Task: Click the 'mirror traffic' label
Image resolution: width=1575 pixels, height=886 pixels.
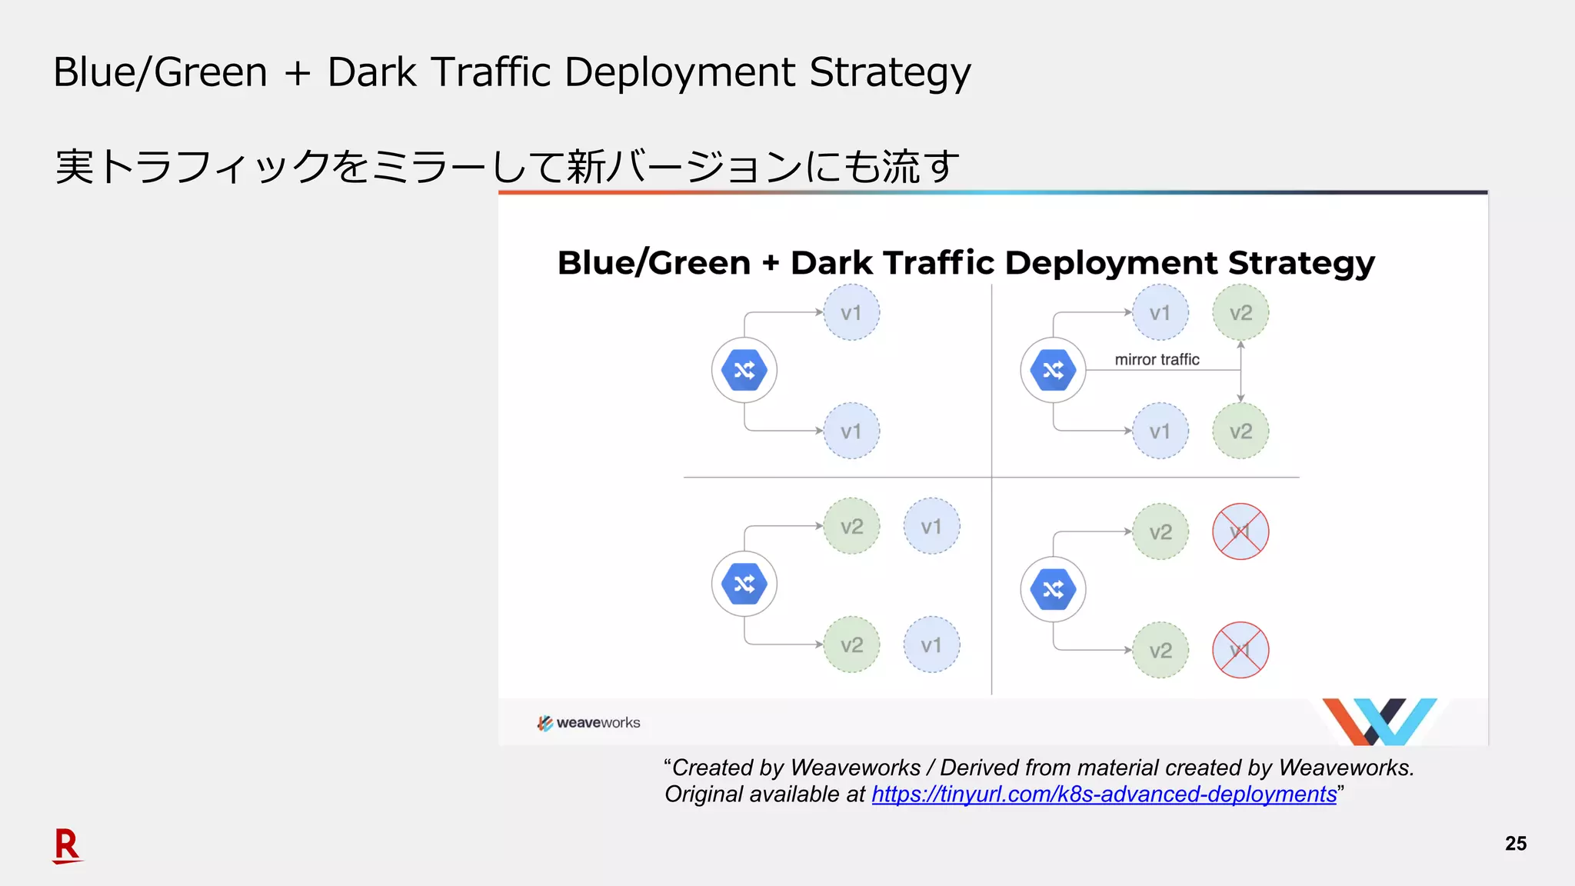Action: click(1157, 359)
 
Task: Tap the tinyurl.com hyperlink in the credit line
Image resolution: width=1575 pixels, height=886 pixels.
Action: click(1104, 794)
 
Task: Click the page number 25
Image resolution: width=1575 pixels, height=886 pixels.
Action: click(1515, 843)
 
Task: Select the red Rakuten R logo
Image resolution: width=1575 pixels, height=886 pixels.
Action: click(67, 845)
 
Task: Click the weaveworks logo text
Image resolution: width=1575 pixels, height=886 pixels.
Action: click(598, 723)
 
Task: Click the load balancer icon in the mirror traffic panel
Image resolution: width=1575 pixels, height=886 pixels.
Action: click(1053, 370)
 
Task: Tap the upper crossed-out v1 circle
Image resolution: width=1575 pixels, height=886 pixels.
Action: click(1240, 531)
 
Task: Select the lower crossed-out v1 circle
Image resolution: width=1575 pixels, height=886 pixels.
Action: click(1240, 650)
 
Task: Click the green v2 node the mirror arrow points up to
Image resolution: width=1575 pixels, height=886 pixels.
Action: click(1240, 313)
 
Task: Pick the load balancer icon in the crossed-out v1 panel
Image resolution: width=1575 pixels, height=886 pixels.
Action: click(1053, 590)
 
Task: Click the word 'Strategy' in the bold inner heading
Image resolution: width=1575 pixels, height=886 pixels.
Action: click(1300, 264)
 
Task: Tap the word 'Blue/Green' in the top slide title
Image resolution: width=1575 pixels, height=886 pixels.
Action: click(160, 73)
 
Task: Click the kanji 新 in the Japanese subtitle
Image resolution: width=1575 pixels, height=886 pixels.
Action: click(586, 166)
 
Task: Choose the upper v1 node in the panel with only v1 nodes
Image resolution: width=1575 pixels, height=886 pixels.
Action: click(851, 313)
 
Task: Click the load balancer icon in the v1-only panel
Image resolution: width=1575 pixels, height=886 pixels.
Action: click(744, 370)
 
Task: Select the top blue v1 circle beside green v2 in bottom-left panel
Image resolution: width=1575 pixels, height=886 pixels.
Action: click(931, 527)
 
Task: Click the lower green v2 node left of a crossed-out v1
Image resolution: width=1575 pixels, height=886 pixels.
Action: click(1160, 650)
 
